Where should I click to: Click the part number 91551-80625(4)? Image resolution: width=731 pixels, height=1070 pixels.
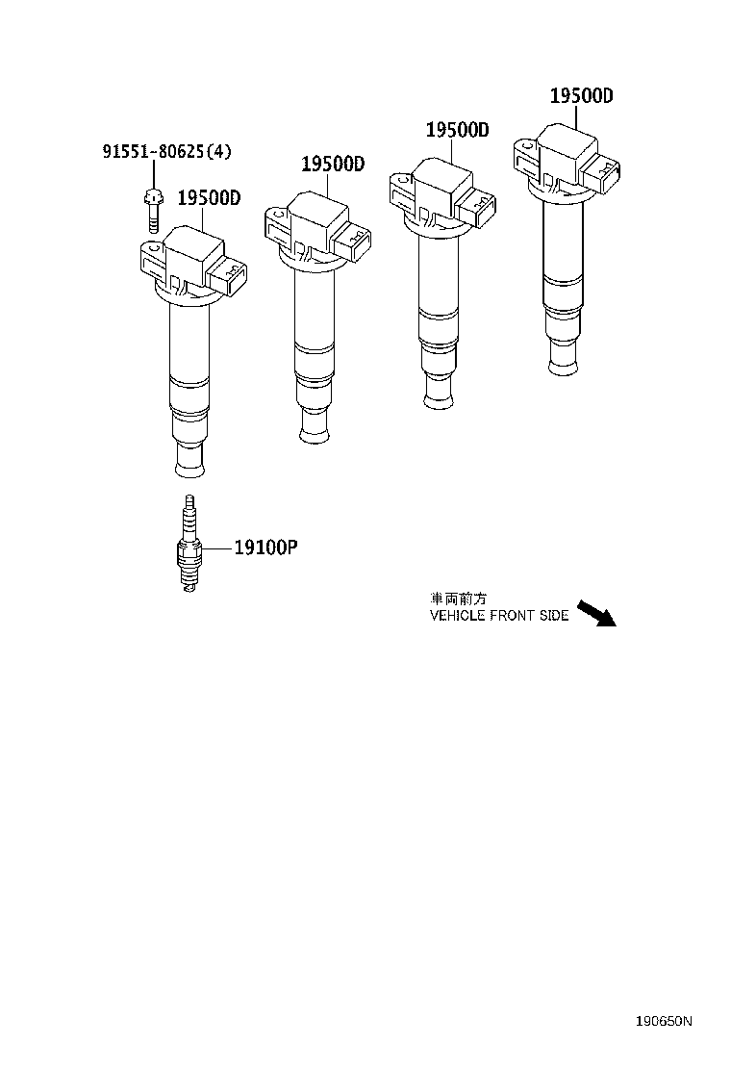coord(166,151)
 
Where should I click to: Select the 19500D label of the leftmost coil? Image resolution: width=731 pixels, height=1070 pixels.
coord(208,198)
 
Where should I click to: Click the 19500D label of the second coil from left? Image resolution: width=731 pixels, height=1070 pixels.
coord(333,165)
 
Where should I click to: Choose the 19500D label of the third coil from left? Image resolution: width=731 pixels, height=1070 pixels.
coord(458,131)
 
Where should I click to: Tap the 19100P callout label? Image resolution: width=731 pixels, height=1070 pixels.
coord(265,548)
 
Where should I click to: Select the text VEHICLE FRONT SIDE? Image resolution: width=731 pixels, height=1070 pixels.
coord(498,616)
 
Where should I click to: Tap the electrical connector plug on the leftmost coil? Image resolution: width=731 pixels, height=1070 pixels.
coord(231,276)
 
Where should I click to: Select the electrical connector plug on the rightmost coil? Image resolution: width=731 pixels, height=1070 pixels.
coord(604,174)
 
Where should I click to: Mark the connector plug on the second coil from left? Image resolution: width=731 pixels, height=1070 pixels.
coord(355,245)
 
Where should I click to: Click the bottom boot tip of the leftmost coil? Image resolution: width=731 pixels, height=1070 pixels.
coord(189,467)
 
